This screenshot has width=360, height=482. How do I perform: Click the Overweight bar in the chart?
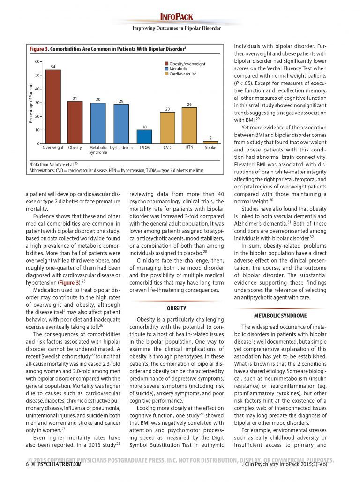(53, 107)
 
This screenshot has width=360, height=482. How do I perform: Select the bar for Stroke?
(210, 142)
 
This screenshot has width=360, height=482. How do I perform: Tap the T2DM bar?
(144, 136)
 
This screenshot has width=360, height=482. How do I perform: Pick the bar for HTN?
(189, 126)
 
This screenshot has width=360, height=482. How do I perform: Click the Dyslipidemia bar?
(121, 124)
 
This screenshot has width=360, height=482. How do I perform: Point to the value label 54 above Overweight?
(53, 67)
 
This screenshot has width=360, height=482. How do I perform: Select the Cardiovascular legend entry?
(183, 74)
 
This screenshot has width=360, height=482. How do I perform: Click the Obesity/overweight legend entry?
(187, 63)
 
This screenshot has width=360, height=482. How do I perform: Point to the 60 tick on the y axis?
(37, 61)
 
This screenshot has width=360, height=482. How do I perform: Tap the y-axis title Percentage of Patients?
(31, 103)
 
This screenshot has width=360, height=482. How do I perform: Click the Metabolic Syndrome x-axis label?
(98, 150)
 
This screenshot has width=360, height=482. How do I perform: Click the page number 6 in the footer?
(28, 464)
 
